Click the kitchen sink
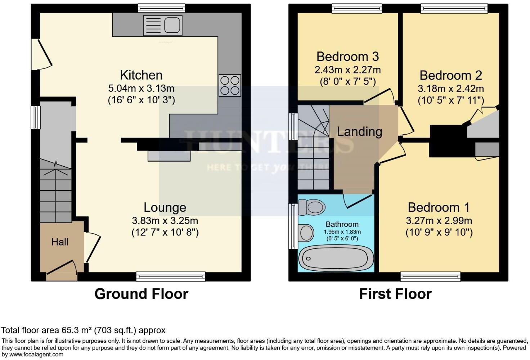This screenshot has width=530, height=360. pos(162,26)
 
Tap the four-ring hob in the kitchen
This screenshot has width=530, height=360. pos(229,85)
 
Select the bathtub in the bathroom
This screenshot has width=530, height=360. pos(335,258)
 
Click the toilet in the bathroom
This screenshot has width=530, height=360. pos(311,207)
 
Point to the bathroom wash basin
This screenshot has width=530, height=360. pos(306,232)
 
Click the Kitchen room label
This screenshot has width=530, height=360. pos(141,75)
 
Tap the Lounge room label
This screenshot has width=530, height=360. pos(165,207)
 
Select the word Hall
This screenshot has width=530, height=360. pos(60,242)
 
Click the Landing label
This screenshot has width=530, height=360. pos(359,131)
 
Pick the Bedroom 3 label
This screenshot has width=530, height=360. pos(347,57)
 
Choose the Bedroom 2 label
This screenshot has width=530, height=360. pos(450,75)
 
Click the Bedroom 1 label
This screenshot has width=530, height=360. pos(439,207)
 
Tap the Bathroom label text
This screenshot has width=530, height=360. pos(342,224)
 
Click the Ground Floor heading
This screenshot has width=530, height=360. pos(141,294)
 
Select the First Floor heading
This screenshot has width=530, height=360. pos(395,294)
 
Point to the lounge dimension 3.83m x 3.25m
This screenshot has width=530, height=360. pos(165,220)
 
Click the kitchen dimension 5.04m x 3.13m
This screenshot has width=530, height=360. pos(141,88)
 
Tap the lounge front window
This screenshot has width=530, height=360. pos(171,276)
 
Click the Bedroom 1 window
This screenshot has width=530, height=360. pos(430,276)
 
